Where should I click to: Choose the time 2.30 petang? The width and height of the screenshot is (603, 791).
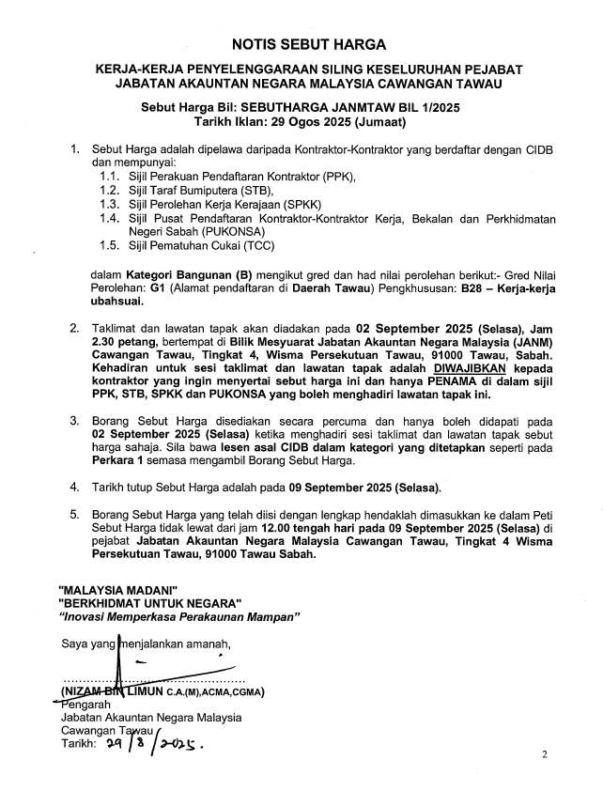(120, 343)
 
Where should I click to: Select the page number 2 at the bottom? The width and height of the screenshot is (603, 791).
(544, 754)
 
